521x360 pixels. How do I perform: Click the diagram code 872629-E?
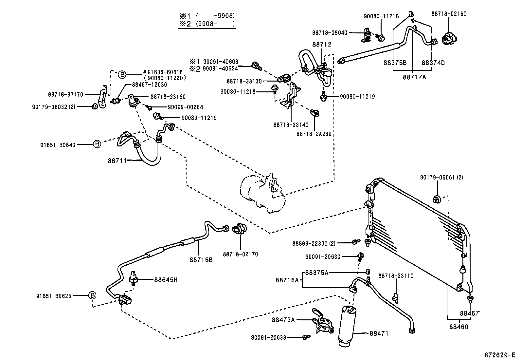click(500, 355)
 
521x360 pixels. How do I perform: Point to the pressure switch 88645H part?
click(134, 278)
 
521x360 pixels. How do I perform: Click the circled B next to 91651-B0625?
click(93, 295)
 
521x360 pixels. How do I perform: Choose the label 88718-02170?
click(240, 254)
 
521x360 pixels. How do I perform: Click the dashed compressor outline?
click(262, 195)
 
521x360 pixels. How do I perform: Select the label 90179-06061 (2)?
click(441, 178)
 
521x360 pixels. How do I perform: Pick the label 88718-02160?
click(449, 14)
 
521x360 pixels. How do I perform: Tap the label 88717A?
click(414, 77)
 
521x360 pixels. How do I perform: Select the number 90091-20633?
click(268, 337)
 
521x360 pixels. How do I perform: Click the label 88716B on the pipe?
click(201, 259)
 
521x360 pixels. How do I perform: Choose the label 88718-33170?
click(65, 94)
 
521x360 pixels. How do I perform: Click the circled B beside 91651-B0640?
click(97, 144)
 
